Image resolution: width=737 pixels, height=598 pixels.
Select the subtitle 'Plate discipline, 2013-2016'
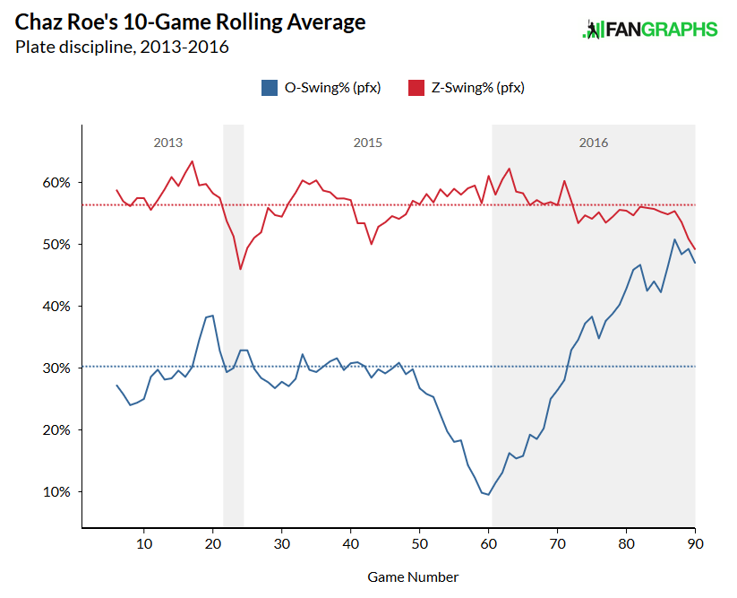(x=122, y=47)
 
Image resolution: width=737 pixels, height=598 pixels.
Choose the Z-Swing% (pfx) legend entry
(x=466, y=88)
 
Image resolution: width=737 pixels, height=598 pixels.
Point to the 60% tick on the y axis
(x=56, y=182)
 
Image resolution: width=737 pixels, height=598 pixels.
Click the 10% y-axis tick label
(x=56, y=491)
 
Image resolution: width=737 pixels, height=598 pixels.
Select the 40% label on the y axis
(x=56, y=306)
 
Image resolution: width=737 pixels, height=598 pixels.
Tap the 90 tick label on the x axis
(x=695, y=543)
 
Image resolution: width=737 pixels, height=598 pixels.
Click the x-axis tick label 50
(x=419, y=543)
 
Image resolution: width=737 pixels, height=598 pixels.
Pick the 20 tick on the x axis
(x=212, y=543)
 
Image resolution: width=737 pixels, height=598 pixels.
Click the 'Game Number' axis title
(x=413, y=576)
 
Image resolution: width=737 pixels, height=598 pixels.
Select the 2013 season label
(x=168, y=143)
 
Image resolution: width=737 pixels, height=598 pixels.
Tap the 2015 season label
(x=368, y=143)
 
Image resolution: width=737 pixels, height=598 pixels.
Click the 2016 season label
(x=594, y=143)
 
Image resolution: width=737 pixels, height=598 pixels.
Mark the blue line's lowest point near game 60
(x=488, y=494)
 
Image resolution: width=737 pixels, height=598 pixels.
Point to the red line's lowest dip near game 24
(x=240, y=269)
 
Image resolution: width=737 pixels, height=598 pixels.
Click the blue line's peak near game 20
(x=213, y=316)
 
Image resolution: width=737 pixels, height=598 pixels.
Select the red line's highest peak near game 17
(x=193, y=161)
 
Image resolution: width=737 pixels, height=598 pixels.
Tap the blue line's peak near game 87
(x=674, y=239)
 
